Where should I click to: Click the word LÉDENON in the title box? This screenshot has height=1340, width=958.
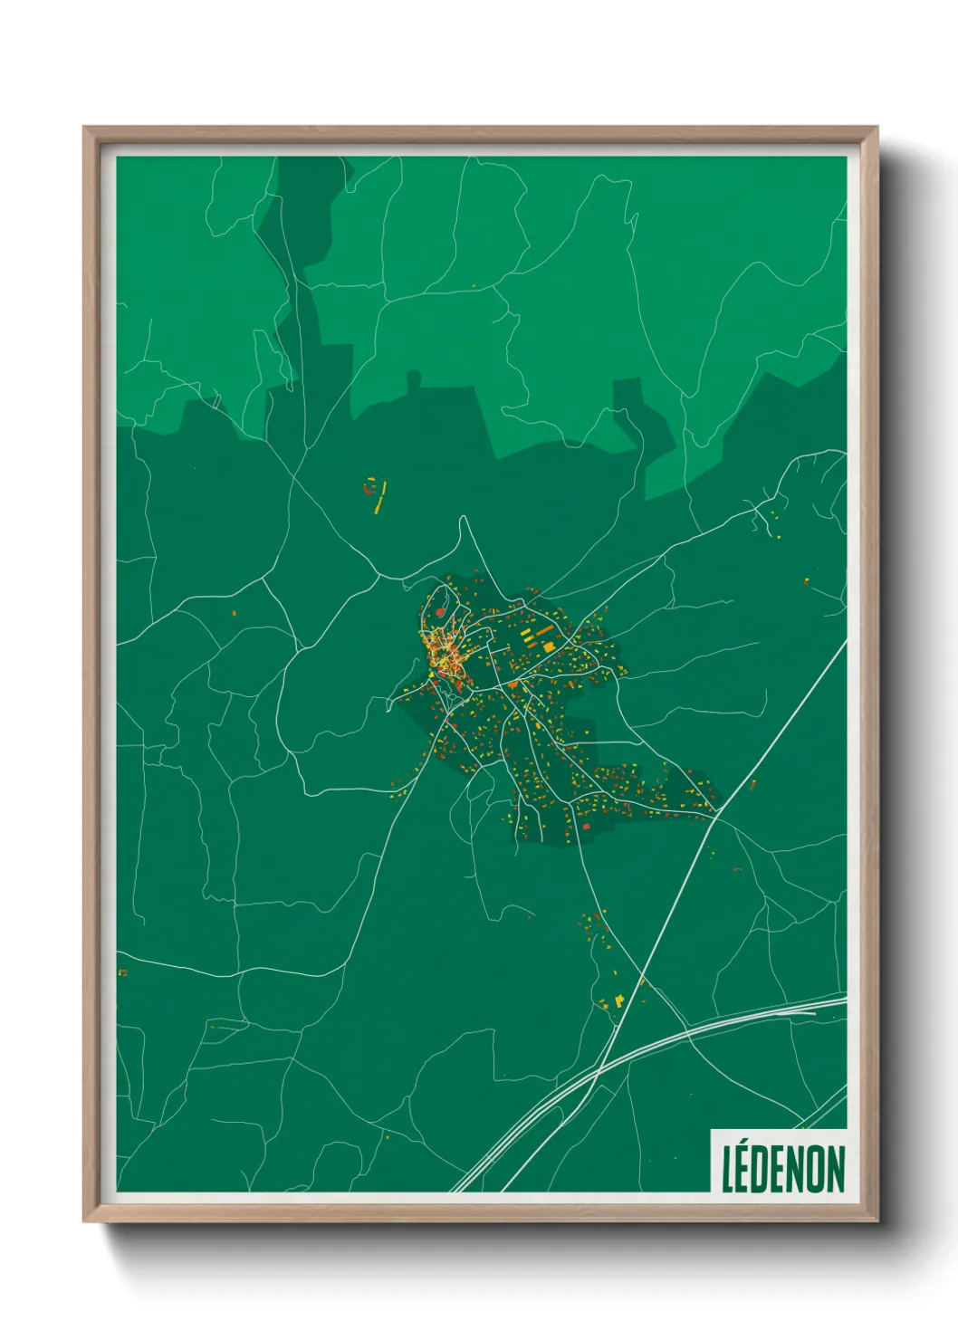[x=783, y=1169]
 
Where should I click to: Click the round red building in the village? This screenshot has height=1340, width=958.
[x=441, y=613]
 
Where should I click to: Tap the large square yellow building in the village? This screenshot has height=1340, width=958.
[x=549, y=646]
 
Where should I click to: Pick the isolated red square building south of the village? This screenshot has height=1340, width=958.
[x=586, y=826]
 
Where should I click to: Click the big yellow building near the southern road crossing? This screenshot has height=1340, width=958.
[x=619, y=1000]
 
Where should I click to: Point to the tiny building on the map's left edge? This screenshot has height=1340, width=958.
[x=122, y=972]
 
